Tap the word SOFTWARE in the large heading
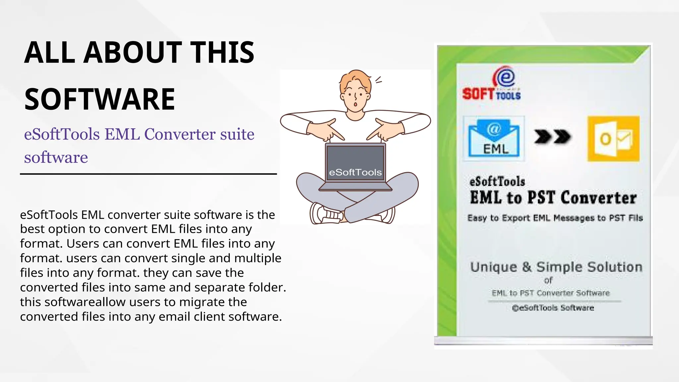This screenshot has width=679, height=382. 99,99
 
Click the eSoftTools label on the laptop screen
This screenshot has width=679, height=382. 355,172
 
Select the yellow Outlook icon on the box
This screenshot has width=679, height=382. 613,139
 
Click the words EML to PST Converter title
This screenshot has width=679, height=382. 553,198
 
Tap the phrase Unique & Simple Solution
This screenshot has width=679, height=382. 556,267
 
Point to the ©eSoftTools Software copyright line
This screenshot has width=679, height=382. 553,308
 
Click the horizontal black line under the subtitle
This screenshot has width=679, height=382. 148,174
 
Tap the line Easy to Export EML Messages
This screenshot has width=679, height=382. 555,218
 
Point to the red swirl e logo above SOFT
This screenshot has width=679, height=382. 504,77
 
